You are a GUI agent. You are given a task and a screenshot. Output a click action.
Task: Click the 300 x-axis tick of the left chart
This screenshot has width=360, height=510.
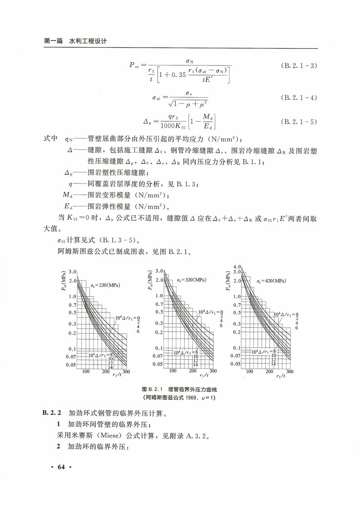tap(126, 371)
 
